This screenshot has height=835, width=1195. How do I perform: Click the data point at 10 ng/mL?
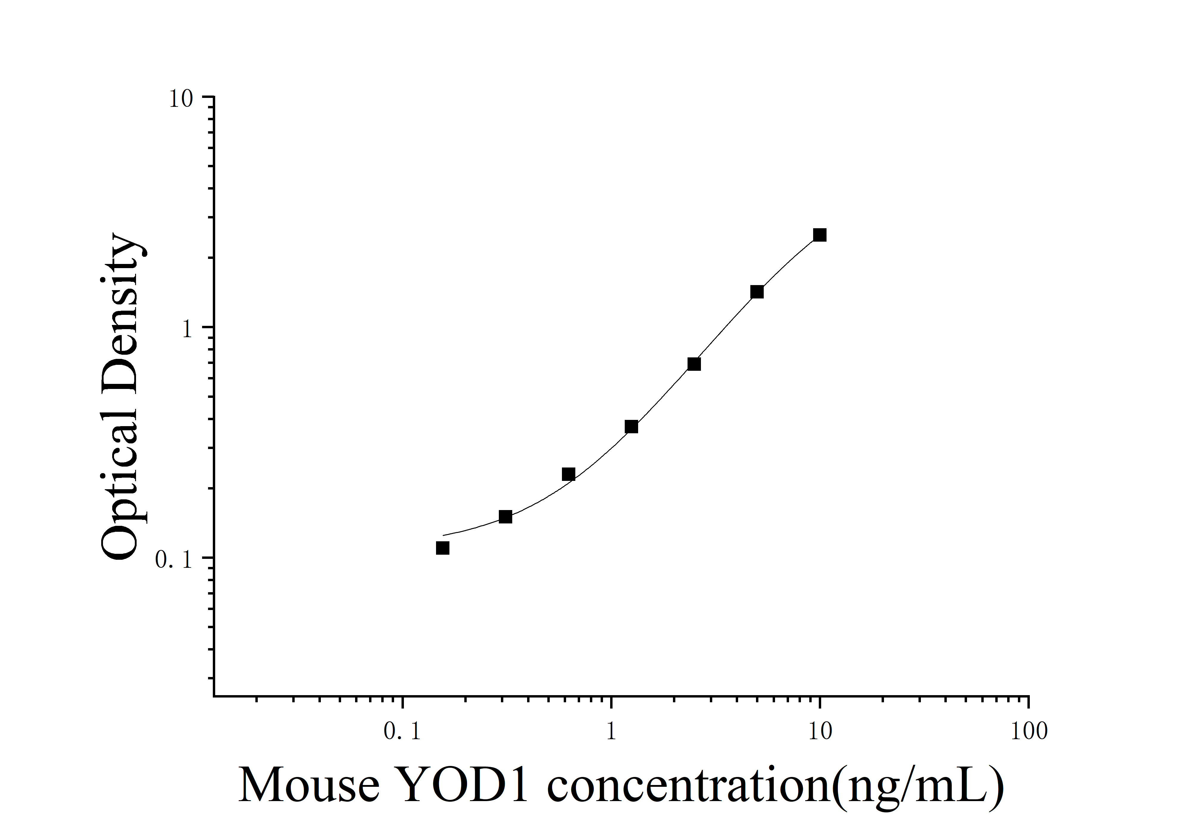pos(820,235)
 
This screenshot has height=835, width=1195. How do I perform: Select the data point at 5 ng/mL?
pos(757,292)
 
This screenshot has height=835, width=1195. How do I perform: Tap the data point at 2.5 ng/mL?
pos(694,364)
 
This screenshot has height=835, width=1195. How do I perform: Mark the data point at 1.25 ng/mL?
pos(631,427)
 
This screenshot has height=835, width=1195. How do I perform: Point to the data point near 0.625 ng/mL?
pos(568,474)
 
